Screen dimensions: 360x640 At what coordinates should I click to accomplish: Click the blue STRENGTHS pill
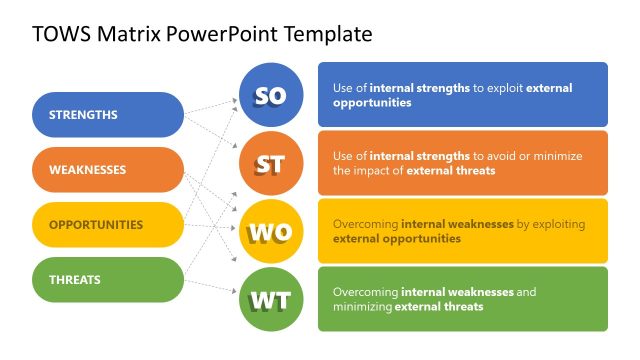108,115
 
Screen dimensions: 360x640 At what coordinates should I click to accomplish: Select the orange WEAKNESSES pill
108,170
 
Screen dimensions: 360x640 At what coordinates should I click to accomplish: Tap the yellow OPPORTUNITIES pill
108,225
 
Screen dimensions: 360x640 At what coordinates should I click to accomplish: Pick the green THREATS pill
108,280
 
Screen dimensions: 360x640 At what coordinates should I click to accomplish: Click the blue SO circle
271,96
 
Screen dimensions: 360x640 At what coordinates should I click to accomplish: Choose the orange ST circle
271,164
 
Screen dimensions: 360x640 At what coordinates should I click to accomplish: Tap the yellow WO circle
271,232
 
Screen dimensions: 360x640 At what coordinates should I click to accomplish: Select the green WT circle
271,299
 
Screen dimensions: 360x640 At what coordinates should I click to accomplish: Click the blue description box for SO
462,95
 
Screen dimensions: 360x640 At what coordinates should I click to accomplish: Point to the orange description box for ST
462,163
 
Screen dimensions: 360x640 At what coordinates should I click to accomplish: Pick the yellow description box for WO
462,231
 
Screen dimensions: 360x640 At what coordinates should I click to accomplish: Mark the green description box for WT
462,299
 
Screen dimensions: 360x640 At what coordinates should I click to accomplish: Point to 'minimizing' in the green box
366,307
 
